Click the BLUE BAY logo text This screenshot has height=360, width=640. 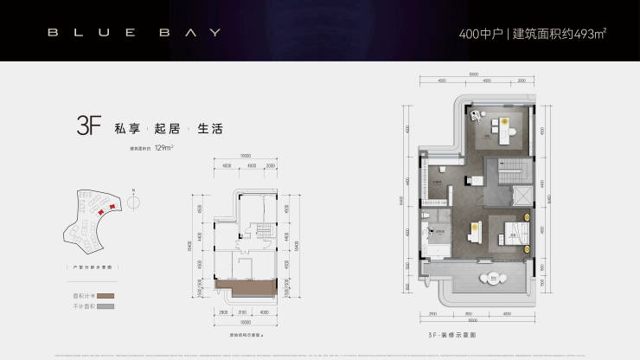click(134, 33)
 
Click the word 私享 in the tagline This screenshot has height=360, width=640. click(125, 128)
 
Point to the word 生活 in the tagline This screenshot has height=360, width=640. click(209, 128)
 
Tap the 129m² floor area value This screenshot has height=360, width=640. click(164, 148)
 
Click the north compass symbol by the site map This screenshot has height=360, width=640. click(133, 202)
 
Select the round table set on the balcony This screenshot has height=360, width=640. click(495, 278)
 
